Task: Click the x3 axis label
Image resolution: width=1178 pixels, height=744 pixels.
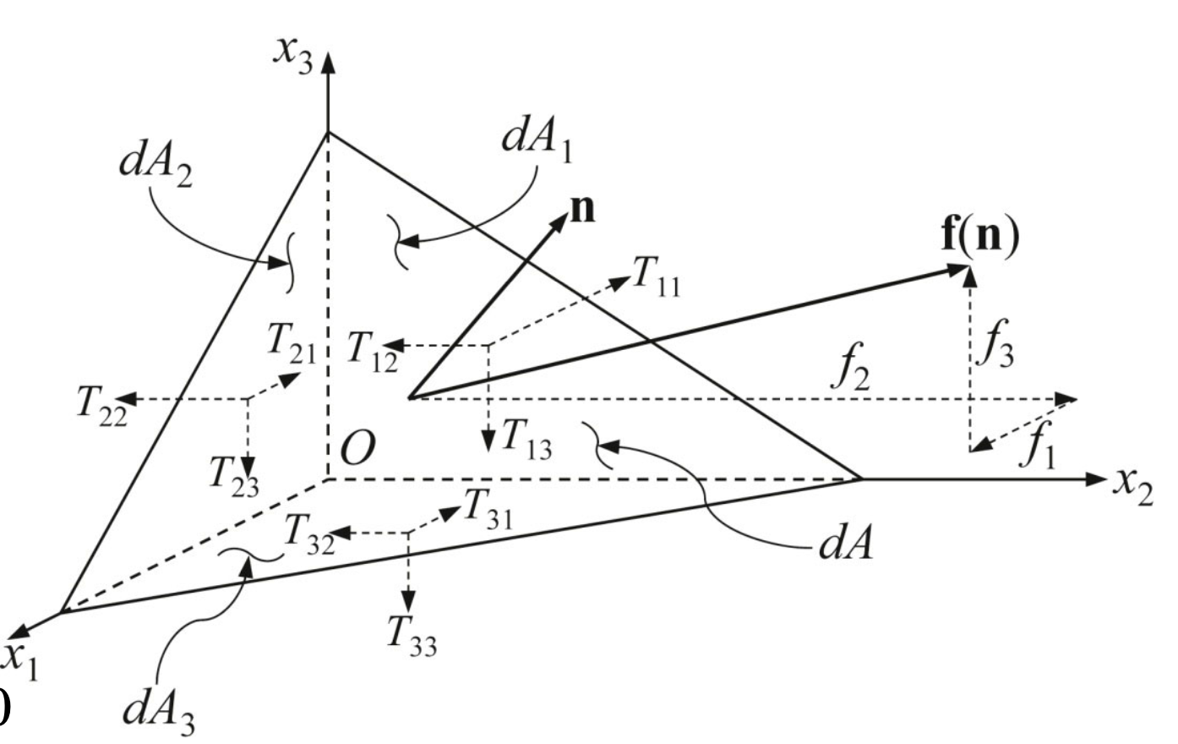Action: tap(293, 56)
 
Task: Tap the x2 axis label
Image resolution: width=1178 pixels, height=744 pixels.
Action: tap(1132, 488)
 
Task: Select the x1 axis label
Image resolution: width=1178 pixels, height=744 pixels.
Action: tap(20, 661)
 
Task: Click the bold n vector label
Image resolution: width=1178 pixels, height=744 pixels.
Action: tap(583, 210)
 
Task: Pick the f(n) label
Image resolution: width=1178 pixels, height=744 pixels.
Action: tap(980, 236)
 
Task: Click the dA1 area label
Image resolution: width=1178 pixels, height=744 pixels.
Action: tap(537, 141)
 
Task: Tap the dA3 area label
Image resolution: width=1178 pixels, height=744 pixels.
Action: tap(159, 714)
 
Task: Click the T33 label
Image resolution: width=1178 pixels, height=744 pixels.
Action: tap(412, 636)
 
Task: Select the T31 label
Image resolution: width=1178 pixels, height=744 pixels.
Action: tap(488, 508)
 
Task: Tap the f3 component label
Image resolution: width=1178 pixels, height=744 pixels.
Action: tap(995, 344)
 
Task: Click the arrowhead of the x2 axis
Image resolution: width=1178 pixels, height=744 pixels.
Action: tap(1096, 479)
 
